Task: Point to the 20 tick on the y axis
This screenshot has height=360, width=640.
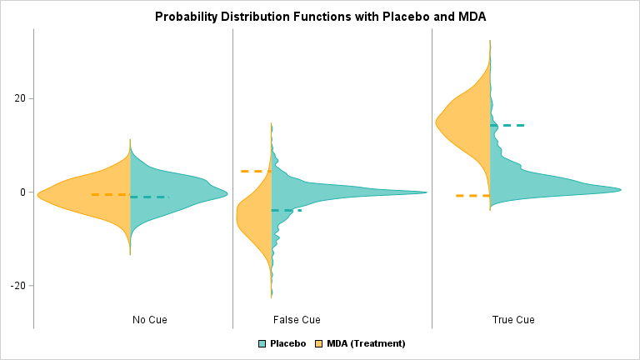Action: click(18, 98)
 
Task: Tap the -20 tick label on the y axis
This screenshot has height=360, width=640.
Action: click(18, 285)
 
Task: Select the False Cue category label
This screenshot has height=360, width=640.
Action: click(297, 320)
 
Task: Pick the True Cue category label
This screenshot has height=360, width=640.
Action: click(513, 320)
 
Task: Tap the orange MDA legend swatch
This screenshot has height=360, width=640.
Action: click(320, 343)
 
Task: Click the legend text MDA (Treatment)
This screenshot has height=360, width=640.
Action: click(366, 343)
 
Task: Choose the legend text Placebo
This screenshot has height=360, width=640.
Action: click(287, 343)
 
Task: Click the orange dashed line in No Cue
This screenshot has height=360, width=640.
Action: click(109, 194)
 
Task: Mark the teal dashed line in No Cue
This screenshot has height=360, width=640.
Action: click(150, 197)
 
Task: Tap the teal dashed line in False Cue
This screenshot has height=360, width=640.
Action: click(287, 210)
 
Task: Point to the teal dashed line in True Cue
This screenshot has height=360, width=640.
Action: click(507, 125)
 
